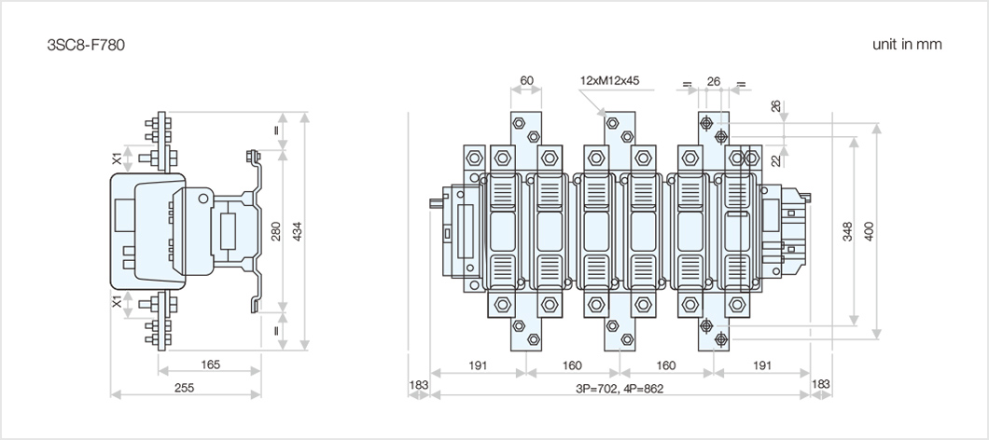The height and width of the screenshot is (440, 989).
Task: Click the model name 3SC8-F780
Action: click(x=86, y=45)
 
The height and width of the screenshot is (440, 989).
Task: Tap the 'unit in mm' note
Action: click(x=907, y=44)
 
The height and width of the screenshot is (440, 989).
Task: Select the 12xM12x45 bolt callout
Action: click(x=609, y=81)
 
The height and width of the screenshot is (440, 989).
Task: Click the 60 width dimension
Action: click(x=526, y=81)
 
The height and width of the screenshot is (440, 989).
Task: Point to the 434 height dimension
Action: click(x=298, y=231)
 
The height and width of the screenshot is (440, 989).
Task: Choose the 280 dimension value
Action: click(x=275, y=231)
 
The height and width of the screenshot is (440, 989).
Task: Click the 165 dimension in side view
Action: click(x=210, y=364)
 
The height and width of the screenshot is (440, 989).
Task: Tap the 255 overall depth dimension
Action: click(x=184, y=387)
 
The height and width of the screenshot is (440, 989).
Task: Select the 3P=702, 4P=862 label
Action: click(x=620, y=389)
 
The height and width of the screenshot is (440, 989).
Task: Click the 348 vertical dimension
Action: click(x=848, y=231)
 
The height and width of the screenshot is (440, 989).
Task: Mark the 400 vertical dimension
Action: click(x=870, y=231)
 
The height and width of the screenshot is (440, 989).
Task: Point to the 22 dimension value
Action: click(x=776, y=160)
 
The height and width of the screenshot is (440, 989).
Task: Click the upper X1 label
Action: click(x=117, y=158)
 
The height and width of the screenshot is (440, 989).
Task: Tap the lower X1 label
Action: click(x=117, y=302)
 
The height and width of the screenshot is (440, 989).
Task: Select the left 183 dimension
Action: click(x=418, y=384)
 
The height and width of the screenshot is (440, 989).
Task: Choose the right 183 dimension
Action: click(x=821, y=384)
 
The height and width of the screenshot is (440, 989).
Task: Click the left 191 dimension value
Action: click(x=478, y=365)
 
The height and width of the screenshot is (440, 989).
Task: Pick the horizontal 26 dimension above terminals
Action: click(x=714, y=81)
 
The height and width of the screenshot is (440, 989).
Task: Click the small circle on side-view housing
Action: click(x=202, y=199)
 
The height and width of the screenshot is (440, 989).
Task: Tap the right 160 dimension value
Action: click(x=665, y=365)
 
